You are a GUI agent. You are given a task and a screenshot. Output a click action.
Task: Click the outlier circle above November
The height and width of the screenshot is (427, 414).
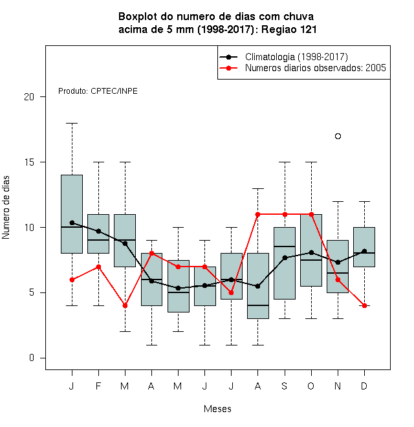(338, 136)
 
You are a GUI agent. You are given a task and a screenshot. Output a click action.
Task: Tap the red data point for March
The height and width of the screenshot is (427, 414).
(125, 306)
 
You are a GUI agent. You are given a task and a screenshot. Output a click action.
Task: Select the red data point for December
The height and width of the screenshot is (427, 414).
(364, 305)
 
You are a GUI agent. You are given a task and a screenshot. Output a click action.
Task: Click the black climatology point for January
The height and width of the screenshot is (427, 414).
(72, 223)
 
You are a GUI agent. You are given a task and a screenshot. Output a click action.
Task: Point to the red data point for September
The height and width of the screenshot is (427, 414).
(285, 214)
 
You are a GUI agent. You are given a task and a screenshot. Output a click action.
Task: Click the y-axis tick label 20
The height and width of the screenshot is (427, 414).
(29, 96)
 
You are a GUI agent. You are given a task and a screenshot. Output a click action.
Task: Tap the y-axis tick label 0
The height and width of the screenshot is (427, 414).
(32, 358)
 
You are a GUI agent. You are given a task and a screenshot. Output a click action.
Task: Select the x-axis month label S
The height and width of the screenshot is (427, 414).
(285, 386)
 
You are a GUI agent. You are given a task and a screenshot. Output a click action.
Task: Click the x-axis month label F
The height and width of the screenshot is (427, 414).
(98, 386)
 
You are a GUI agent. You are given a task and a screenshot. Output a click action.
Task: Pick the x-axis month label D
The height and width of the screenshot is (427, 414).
(364, 386)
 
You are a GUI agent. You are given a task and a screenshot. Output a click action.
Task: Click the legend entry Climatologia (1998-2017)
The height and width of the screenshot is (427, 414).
(297, 57)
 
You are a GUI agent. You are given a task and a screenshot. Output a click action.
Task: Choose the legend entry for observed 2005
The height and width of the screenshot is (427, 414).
(316, 68)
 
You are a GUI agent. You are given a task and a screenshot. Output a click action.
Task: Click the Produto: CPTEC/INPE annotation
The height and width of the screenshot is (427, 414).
(98, 91)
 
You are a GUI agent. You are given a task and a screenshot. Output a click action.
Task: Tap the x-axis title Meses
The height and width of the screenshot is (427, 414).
(217, 409)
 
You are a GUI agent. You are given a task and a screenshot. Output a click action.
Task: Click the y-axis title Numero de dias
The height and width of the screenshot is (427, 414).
(6, 208)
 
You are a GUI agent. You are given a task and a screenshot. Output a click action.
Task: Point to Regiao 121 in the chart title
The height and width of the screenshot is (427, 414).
(289, 29)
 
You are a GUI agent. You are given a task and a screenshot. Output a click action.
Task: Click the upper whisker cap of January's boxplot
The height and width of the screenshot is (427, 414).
(72, 124)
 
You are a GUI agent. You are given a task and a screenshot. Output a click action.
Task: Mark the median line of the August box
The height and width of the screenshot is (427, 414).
(258, 305)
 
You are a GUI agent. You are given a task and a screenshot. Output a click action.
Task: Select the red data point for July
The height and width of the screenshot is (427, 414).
(231, 292)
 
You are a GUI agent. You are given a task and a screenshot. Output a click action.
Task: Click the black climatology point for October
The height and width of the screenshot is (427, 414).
(311, 253)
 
